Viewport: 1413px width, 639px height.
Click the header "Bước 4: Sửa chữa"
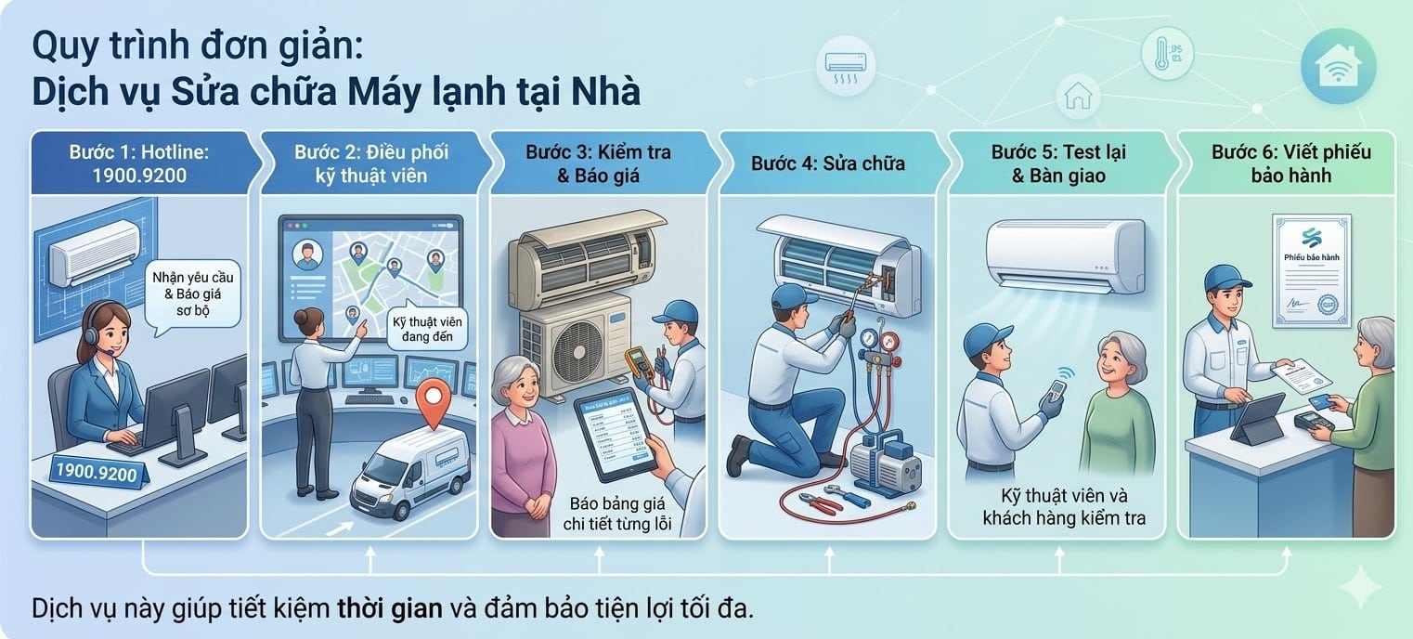pyautogui.click(x=828, y=163)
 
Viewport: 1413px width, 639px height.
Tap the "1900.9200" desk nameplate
pyautogui.click(x=97, y=471)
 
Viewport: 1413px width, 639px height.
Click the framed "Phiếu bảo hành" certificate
pyautogui.click(x=1312, y=268)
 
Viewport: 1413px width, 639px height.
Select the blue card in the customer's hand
pyautogui.click(x=1317, y=404)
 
